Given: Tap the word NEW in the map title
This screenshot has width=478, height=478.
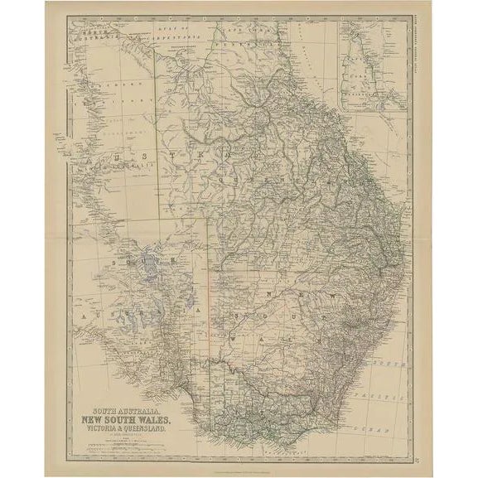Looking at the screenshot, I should [x=104, y=418].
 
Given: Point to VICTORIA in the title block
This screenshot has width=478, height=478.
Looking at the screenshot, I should [x=108, y=428].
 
